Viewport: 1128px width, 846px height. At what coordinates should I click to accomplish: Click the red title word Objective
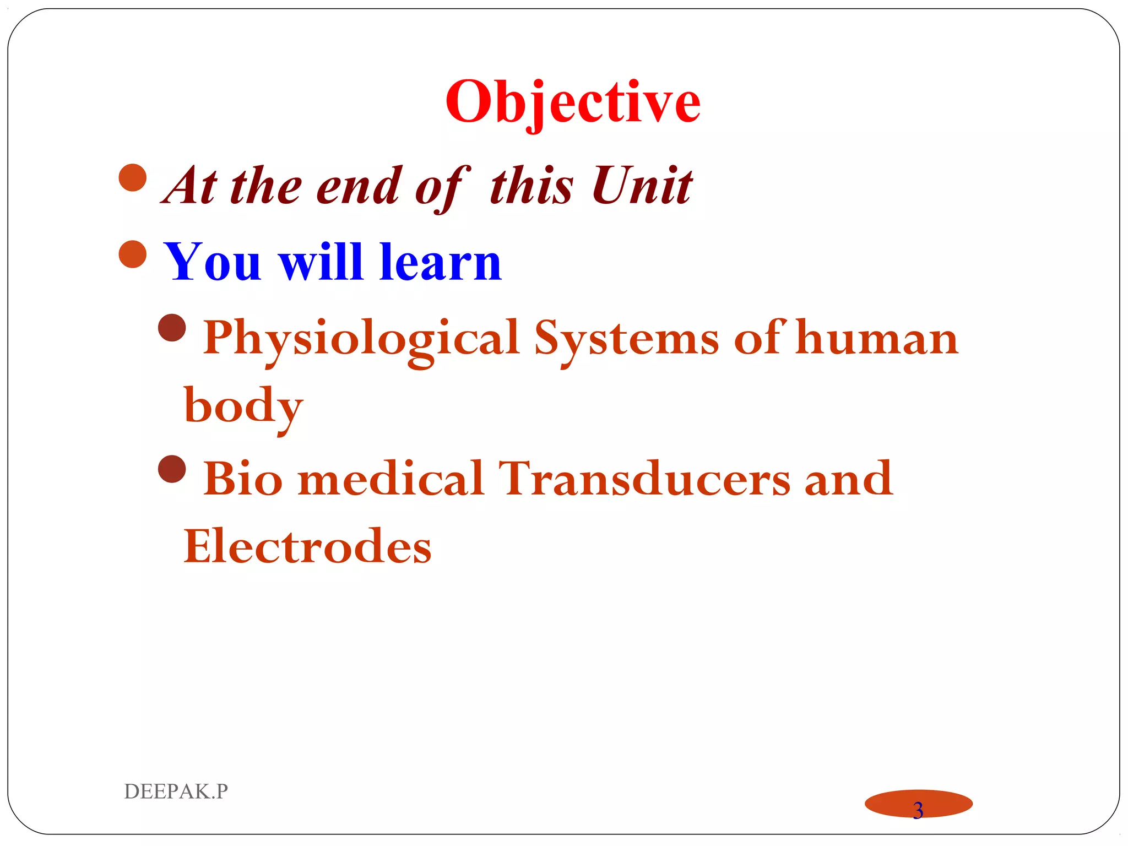[x=572, y=102]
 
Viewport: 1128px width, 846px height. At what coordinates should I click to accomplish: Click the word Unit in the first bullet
[x=642, y=186]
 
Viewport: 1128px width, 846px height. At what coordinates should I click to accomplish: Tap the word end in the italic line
[x=358, y=186]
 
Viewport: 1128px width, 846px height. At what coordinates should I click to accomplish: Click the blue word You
[x=212, y=263]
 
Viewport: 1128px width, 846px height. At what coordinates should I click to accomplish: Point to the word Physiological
[x=361, y=338]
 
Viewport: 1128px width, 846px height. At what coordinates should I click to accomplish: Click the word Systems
[x=626, y=338]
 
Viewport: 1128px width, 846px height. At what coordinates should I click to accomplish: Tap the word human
[x=877, y=338]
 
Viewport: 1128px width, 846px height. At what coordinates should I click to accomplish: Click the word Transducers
[x=644, y=478]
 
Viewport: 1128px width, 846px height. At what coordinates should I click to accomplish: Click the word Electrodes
[x=307, y=546]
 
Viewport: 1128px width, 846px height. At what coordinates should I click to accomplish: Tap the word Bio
[x=242, y=478]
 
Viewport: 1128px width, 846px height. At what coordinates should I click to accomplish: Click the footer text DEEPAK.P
[x=176, y=791]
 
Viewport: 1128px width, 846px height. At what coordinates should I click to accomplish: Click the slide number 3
[x=918, y=810]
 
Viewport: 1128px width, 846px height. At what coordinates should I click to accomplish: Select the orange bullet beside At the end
[x=133, y=177]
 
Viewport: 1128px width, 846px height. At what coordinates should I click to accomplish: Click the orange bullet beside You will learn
[x=133, y=254]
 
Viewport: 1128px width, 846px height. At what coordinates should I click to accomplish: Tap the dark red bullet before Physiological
[x=172, y=328]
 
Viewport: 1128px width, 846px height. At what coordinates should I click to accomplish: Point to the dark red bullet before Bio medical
[x=172, y=469]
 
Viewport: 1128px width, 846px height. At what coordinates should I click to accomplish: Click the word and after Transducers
[x=848, y=478]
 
